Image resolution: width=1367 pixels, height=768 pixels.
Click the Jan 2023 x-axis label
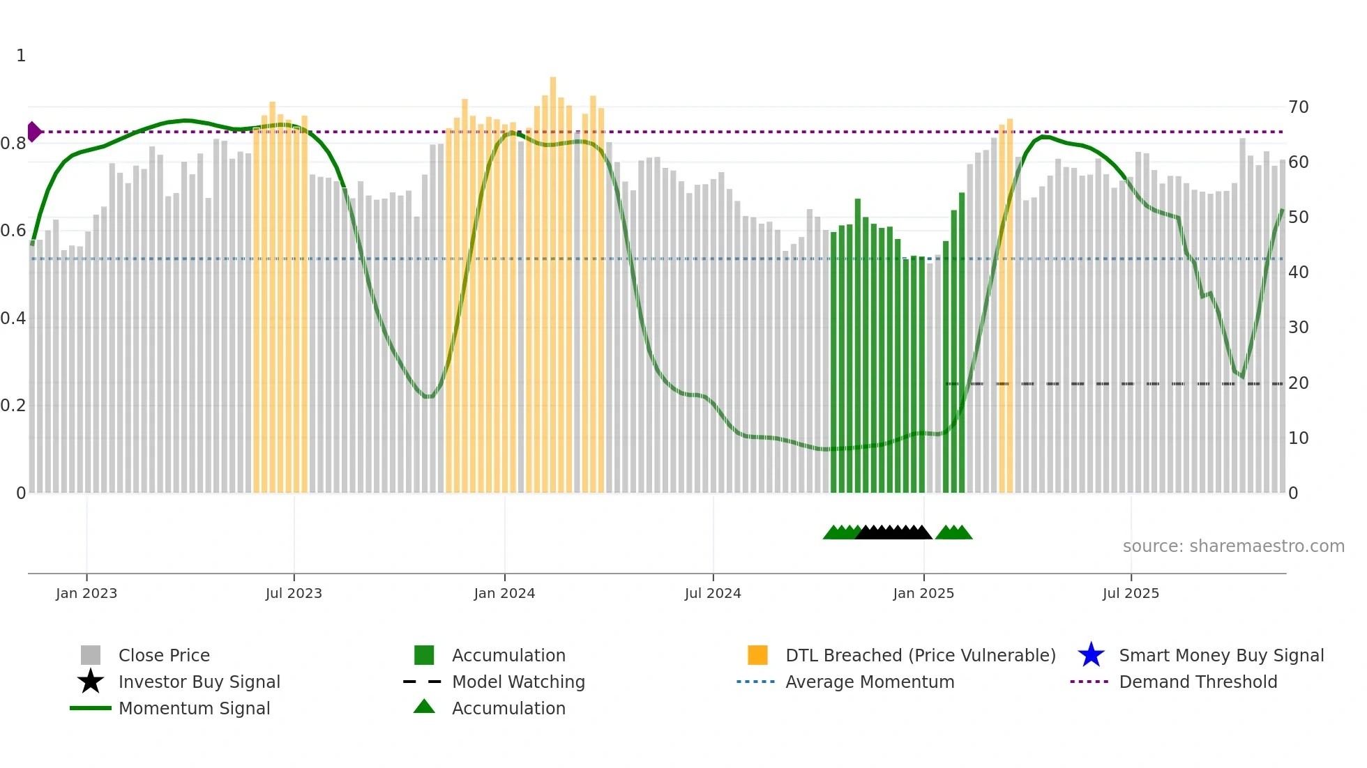[x=86, y=593]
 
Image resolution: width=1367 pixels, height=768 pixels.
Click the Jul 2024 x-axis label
[x=713, y=593]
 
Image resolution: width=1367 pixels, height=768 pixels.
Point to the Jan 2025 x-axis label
[x=923, y=593]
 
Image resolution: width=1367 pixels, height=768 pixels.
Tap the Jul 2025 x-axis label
[x=1131, y=593]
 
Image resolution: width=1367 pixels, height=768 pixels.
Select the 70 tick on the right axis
[x=1298, y=107]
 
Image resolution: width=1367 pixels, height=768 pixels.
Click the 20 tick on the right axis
[x=1298, y=383]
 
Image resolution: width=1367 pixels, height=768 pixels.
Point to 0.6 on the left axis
[x=13, y=231]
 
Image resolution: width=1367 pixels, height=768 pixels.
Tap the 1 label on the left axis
[x=21, y=56]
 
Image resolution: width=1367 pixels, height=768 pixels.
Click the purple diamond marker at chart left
[x=33, y=132]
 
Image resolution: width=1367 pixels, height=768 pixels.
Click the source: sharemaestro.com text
[x=1233, y=546]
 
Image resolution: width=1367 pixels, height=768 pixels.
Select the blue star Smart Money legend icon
[x=1091, y=655]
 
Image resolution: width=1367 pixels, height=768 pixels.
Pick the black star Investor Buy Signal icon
[x=91, y=682]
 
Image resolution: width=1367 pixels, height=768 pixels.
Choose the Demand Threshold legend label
[x=1198, y=682]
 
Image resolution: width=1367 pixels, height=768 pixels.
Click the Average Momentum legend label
[x=870, y=682]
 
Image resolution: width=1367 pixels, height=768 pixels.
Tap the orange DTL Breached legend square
[x=757, y=655]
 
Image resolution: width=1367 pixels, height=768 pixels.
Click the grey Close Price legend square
[x=91, y=655]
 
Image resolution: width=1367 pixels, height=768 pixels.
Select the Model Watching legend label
[x=518, y=682]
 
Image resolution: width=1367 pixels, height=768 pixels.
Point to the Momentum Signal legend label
[x=194, y=708]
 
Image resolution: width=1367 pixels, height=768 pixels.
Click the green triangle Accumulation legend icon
[x=424, y=707]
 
